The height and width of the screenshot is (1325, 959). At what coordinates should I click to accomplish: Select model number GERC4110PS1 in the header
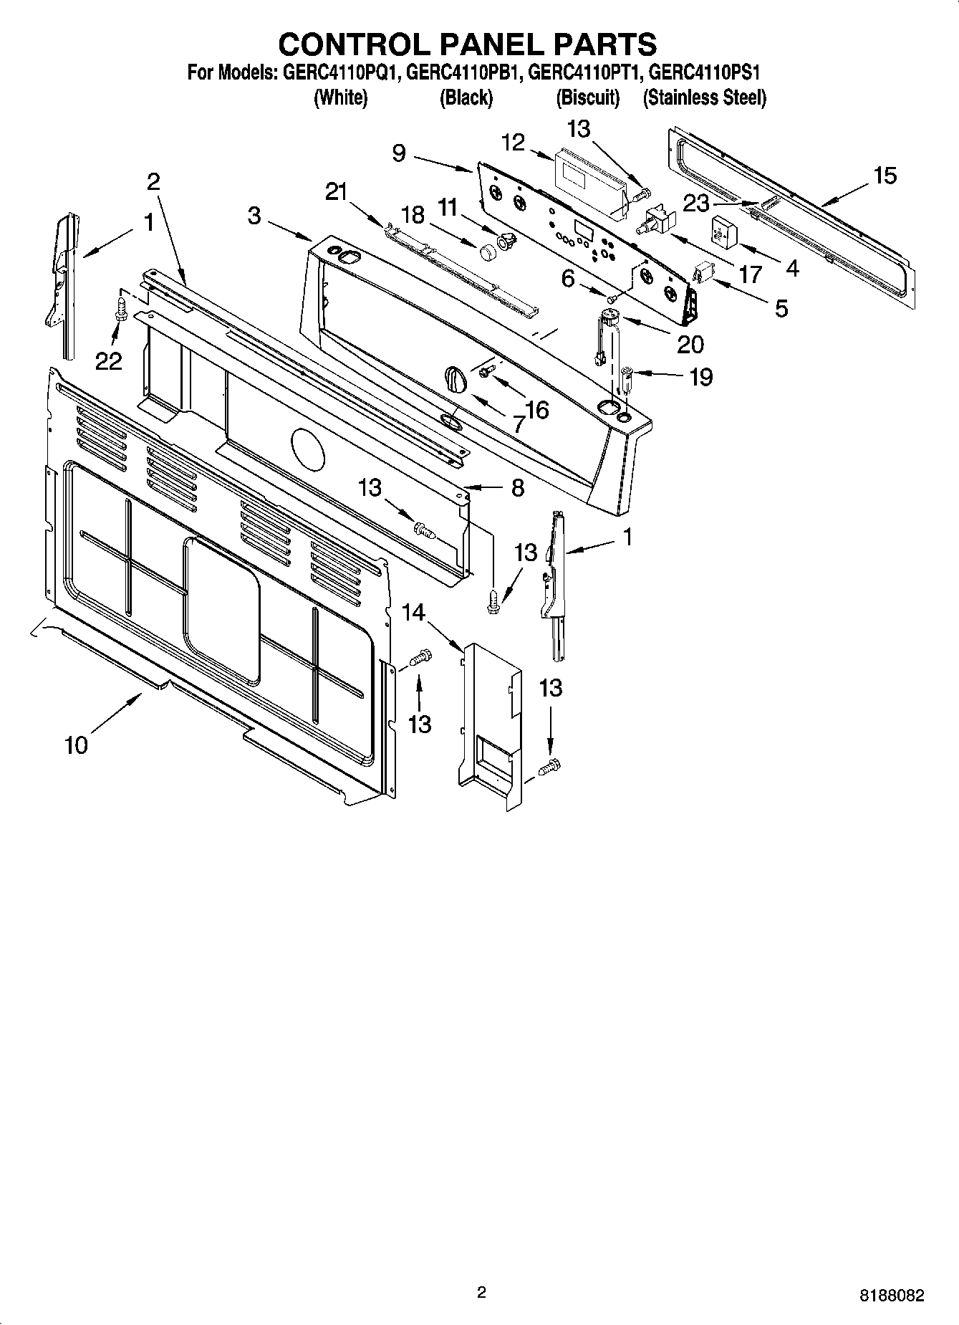703,72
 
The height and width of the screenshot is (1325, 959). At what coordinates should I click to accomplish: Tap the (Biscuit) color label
587,97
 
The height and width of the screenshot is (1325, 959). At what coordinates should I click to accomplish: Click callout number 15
885,176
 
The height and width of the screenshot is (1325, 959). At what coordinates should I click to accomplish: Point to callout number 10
76,745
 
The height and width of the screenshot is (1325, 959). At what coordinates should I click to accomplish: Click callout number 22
108,362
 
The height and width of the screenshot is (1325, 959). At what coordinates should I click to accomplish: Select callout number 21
336,191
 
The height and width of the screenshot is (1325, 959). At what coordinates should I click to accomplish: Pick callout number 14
413,612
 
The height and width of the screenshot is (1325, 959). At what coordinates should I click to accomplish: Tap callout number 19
700,377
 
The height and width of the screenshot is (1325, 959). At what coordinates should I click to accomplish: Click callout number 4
791,267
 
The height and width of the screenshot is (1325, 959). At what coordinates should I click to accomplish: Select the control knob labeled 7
454,378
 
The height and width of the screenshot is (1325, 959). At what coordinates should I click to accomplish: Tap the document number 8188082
892,1296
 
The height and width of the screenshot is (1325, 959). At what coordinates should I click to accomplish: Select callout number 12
514,143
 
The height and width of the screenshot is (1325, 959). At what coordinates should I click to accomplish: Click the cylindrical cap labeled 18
488,252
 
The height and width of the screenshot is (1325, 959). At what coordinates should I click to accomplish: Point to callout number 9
399,153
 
